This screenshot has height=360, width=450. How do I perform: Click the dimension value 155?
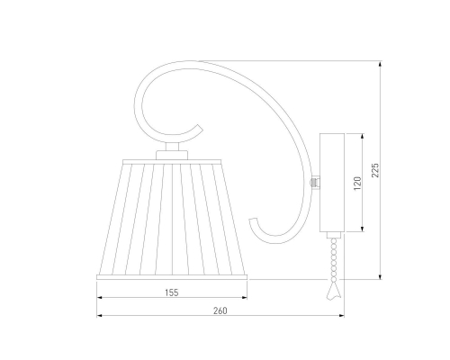(x=172, y=292)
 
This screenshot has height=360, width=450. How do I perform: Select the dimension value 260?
(x=220, y=310)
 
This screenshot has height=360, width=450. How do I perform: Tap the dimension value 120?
(x=357, y=184)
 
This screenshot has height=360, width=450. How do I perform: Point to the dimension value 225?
(x=375, y=170)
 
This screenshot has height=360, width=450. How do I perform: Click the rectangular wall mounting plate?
(x=332, y=183)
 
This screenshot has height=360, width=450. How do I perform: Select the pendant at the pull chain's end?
(x=334, y=291)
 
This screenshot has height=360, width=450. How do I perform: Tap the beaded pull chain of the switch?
(x=334, y=260)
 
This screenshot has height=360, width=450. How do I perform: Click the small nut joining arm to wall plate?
(x=314, y=183)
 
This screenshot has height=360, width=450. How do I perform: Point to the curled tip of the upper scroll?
(x=199, y=127)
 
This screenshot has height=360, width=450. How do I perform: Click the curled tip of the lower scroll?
(x=253, y=220)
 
